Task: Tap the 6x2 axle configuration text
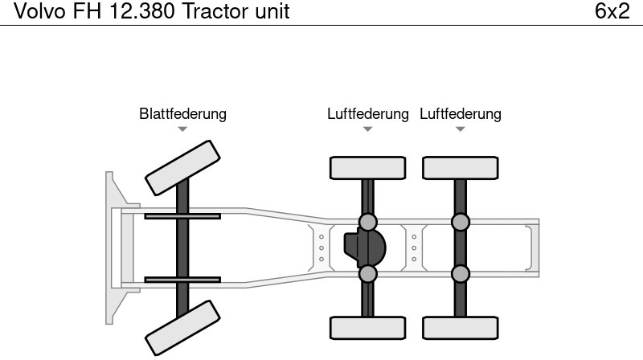[612, 12]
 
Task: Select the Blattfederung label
[182, 113]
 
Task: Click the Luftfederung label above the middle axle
[367, 113]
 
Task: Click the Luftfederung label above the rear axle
[460, 113]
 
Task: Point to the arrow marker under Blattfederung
[182, 129]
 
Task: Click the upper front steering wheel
[182, 167]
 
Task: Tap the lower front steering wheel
[182, 328]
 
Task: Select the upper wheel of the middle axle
[367, 168]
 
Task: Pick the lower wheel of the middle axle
[367, 327]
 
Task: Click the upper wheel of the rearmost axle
[460, 168]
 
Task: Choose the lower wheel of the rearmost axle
[460, 327]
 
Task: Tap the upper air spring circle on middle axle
[367, 222]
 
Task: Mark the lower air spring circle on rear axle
[460, 274]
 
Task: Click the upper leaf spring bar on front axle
[182, 215]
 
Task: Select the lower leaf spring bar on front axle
[182, 280]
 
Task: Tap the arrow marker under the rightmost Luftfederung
[460, 129]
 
